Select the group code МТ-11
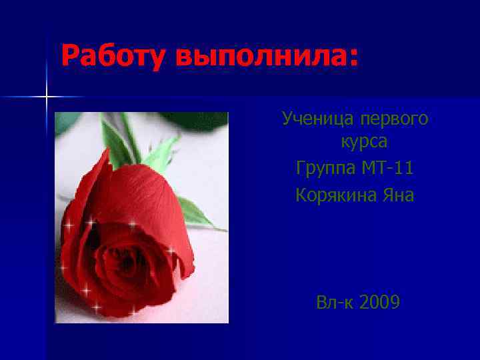[387, 169]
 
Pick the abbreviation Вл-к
[335, 303]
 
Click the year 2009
[379, 303]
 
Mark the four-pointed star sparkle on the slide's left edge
[47, 97]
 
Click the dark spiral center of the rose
[123, 257]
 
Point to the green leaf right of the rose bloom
[197, 213]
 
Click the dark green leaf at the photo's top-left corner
[67, 121]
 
